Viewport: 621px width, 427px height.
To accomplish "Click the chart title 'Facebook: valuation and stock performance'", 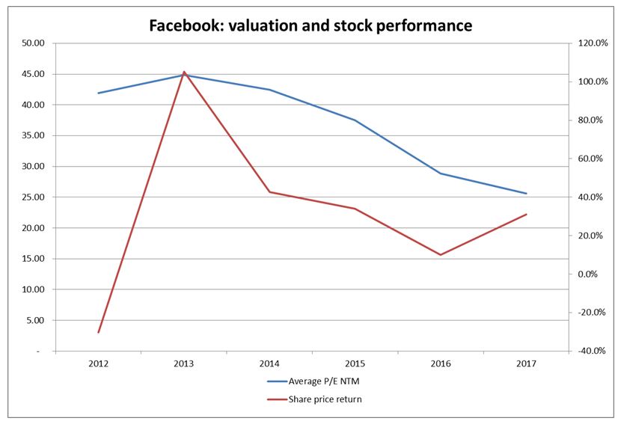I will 310,25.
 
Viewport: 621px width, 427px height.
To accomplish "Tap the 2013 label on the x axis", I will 183,363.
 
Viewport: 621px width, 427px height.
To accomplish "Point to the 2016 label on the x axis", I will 441,363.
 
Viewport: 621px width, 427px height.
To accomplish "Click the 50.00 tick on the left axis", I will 34,43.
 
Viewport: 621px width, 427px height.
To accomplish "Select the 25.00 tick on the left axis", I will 34,197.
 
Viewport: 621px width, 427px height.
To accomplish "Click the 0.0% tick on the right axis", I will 591,274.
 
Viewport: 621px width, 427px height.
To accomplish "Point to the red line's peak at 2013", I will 184,72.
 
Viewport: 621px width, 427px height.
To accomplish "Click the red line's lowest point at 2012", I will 98,332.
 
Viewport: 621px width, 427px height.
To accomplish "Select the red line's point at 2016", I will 441,255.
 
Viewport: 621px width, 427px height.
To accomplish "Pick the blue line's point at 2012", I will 98,93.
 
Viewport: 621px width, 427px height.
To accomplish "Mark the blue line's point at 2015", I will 355,120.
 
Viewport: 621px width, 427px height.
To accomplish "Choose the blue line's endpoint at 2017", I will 527,194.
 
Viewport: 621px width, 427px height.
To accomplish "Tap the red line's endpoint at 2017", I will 527,214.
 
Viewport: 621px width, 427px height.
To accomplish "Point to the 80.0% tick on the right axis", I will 590,120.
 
